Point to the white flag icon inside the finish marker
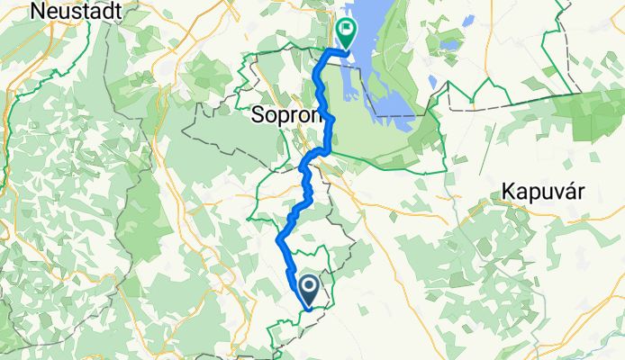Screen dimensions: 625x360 [x=347, y=29]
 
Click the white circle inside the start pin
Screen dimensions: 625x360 [x=308, y=287]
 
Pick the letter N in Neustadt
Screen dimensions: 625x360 [x=37, y=11]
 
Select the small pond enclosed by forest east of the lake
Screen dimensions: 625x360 [x=432, y=83]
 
